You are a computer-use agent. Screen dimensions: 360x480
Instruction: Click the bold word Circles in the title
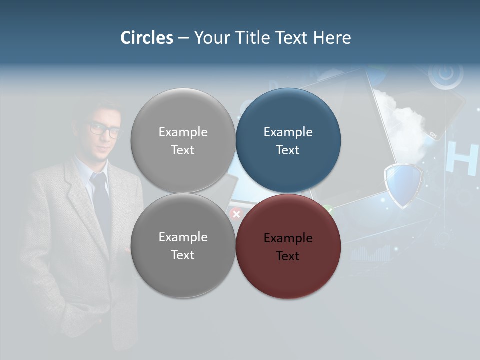(147, 38)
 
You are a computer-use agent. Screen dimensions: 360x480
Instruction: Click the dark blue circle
(288, 140)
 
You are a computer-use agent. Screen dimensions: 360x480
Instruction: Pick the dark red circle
(288, 246)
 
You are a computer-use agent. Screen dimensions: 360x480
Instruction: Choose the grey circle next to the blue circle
(183, 140)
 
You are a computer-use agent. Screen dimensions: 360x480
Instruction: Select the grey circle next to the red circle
(183, 246)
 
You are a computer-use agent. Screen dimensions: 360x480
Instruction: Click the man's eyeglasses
(105, 130)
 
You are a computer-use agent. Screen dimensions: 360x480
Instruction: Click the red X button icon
(236, 214)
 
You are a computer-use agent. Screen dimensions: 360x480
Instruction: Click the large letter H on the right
(460, 159)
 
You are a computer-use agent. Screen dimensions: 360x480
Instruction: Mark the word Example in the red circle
(288, 238)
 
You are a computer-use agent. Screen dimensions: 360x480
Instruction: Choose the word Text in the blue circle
(288, 150)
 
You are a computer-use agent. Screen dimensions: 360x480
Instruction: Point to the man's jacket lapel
(80, 200)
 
